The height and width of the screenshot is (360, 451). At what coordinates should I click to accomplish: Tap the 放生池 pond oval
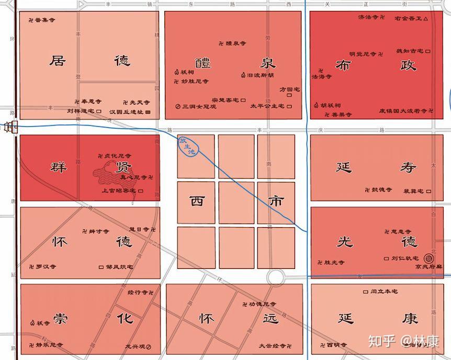[x=187, y=147]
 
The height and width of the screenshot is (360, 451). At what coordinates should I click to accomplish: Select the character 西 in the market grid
[x=197, y=201]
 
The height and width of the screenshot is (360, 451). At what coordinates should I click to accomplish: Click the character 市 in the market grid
[x=276, y=201]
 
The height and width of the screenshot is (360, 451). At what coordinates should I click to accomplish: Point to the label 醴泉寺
[x=232, y=43]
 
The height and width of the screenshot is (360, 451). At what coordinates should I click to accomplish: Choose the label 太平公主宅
[x=267, y=106]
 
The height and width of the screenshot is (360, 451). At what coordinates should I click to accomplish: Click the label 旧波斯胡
[x=257, y=75]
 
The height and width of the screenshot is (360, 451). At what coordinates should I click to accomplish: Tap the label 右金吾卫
[x=408, y=18]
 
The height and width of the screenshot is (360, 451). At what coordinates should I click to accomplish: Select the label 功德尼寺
[x=261, y=304]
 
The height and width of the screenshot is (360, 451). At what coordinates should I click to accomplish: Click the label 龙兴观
[x=134, y=346]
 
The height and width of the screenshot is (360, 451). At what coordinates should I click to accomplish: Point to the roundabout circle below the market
[x=277, y=277]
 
